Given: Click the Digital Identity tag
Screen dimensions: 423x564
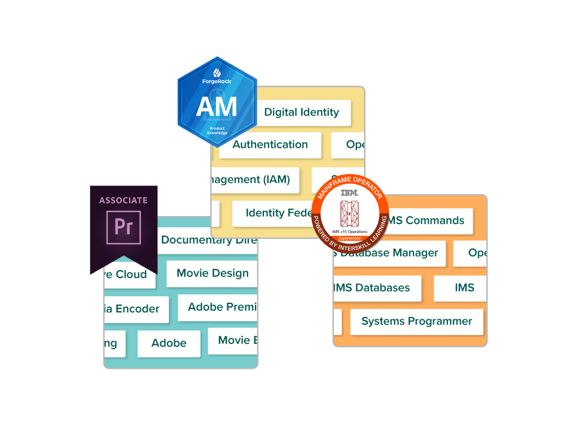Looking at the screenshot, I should click(302, 112).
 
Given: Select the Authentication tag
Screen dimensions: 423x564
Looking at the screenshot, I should click(270, 144).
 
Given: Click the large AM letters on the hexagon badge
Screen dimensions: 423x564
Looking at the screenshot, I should click(217, 107).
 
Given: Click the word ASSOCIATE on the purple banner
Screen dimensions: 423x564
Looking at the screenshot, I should click(124, 200).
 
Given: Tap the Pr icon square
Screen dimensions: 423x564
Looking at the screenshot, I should click(124, 227).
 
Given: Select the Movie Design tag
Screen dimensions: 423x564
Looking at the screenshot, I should click(212, 274).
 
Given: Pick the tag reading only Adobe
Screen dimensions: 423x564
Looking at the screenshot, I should click(169, 343).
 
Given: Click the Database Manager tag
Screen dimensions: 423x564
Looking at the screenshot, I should click(389, 253).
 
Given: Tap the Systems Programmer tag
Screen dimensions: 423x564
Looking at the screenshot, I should click(416, 321).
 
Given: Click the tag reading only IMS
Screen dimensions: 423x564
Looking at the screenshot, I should click(464, 288).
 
